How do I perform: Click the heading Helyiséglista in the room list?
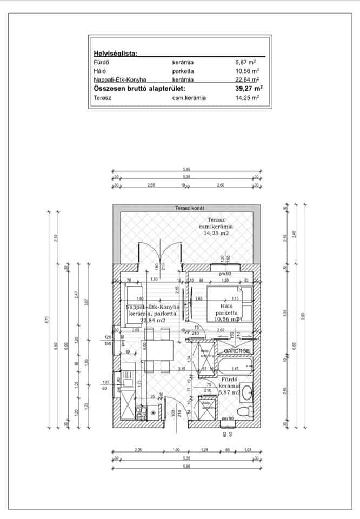(x=115, y=54)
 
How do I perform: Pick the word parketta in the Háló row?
(x=184, y=71)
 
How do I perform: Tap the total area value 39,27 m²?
(x=245, y=88)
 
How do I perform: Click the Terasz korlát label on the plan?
(x=186, y=208)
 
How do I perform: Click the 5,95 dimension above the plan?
(x=186, y=170)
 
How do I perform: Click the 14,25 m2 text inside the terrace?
(x=216, y=234)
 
